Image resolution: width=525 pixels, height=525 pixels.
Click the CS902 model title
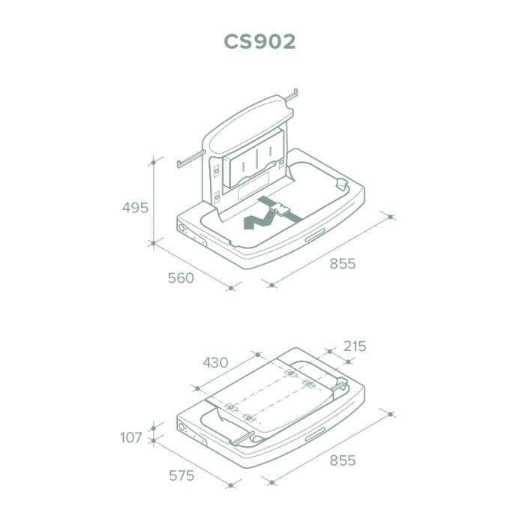[259, 41]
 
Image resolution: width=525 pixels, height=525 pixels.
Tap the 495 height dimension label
[135, 208]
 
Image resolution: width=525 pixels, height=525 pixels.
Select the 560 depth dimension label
[181, 278]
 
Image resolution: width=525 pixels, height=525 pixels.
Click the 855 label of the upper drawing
[343, 263]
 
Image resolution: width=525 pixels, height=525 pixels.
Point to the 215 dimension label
[355, 346]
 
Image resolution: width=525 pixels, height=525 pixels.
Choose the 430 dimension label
[216, 362]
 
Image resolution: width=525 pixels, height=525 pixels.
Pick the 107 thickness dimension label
[131, 437]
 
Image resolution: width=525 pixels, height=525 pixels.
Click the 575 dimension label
[181, 475]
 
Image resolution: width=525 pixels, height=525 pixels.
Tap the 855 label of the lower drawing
[343, 460]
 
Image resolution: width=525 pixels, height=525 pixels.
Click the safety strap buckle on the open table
[279, 210]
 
